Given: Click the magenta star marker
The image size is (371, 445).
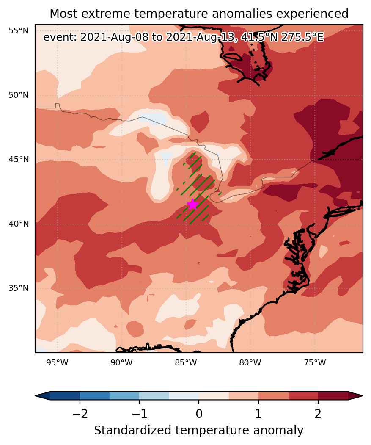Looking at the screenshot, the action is click(x=192, y=205).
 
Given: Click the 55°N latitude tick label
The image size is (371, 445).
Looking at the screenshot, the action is click(x=19, y=30).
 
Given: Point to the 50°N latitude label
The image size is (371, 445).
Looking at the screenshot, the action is click(x=19, y=95).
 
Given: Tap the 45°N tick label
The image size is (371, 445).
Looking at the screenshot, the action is click(x=19, y=159).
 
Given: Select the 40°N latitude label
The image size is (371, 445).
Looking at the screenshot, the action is click(x=19, y=224).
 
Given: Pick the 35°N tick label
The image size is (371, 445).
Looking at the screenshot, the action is click(x=19, y=288).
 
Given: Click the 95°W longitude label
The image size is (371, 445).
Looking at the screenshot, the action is click(x=57, y=362).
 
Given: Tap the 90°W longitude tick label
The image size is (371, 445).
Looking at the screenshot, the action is click(x=122, y=362).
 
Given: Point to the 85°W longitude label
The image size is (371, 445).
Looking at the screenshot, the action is click(x=186, y=362).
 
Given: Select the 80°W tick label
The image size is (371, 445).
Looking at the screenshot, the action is click(x=250, y=362).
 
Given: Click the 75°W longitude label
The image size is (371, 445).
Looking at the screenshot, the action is click(x=315, y=362).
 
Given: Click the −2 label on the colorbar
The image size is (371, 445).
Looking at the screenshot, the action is click(x=80, y=414).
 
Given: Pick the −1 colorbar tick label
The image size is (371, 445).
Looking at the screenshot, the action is click(x=139, y=414).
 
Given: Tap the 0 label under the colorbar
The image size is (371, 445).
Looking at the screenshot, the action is click(x=199, y=414).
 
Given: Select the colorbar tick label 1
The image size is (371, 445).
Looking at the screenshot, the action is click(x=258, y=414).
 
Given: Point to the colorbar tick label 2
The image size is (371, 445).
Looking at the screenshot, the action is click(x=318, y=414).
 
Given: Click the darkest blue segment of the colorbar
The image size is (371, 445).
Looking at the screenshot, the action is click(x=65, y=395).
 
